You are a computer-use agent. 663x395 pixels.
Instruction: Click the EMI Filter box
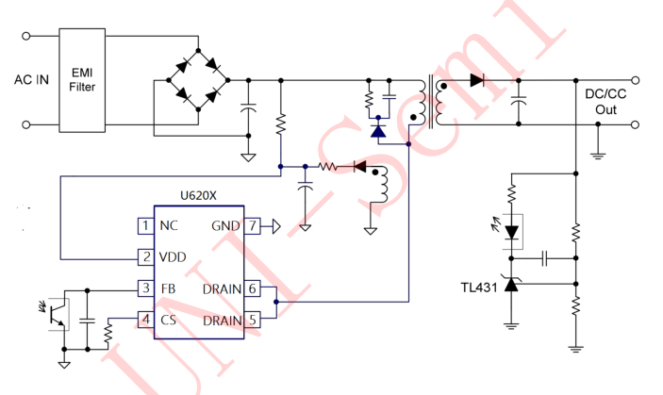(83, 80)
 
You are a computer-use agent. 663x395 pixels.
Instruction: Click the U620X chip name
(198, 195)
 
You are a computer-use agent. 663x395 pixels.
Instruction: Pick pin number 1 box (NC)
(145, 225)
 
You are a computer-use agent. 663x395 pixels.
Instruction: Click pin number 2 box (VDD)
(145, 256)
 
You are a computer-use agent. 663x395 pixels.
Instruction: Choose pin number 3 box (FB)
(145, 288)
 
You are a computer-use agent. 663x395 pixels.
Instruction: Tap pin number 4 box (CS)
(145, 320)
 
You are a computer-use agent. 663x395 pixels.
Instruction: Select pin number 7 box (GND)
(252, 225)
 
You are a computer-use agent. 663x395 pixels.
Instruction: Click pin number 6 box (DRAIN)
(252, 288)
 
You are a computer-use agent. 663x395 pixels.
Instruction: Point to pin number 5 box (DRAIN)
(252, 320)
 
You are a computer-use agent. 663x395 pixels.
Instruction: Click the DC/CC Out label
(605, 102)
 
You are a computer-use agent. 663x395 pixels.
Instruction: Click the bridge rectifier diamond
(199, 80)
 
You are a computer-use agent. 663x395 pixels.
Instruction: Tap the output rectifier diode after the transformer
(477, 80)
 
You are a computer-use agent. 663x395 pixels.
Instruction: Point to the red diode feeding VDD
(358, 167)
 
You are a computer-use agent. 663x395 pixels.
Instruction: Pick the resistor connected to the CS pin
(109, 332)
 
